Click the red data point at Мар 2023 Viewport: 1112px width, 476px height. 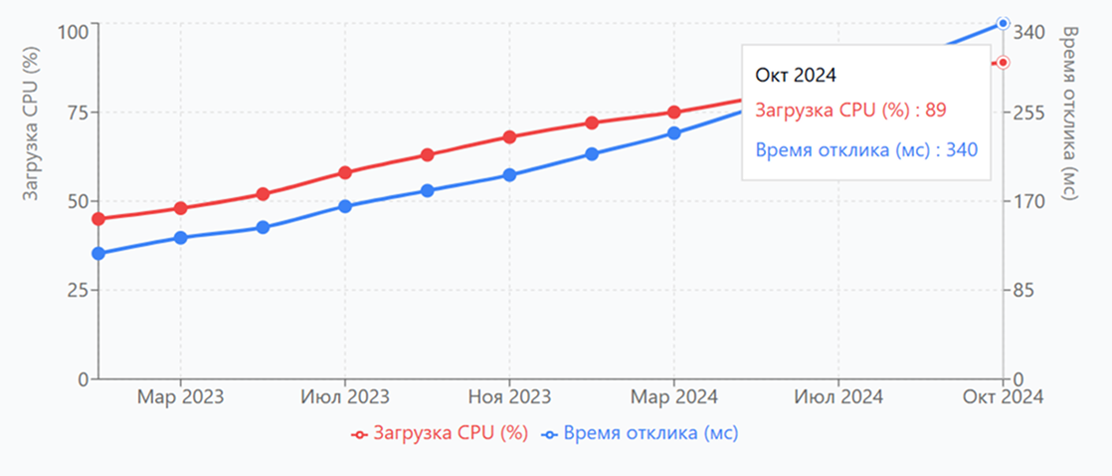pos(180,208)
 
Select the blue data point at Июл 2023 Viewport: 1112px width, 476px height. pos(345,207)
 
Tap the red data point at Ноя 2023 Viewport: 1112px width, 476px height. pos(509,136)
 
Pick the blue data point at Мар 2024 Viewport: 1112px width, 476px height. pos(674,132)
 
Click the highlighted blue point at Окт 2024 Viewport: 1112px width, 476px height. pos(1003,23)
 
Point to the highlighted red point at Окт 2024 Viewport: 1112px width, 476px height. pos(1003,63)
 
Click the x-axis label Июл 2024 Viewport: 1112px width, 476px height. pos(838,397)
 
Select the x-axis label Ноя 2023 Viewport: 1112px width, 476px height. pos(509,397)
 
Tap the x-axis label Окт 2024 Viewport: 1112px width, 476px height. pos(1003,397)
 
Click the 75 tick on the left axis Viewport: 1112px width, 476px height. pos(75,113)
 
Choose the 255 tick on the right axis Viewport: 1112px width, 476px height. pos(1029,113)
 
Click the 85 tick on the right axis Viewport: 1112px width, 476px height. pos(1025,291)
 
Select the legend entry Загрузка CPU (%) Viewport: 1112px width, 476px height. pos(439,433)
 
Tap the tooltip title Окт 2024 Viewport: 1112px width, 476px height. pos(795,75)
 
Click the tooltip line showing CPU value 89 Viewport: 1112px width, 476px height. pos(850,111)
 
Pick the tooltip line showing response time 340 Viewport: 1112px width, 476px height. pos(866,149)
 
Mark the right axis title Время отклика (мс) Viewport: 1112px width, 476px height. pos(1070,115)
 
